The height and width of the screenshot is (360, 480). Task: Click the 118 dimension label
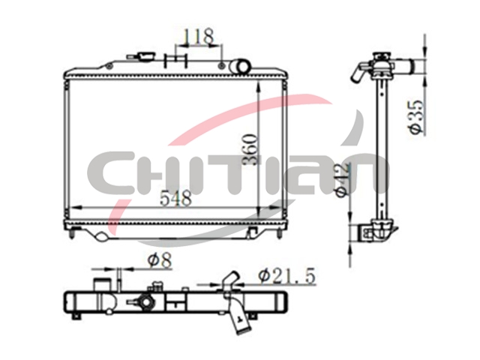point(198,37)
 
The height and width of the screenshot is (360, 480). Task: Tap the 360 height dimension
point(250,149)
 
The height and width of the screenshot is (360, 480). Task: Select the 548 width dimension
point(176,198)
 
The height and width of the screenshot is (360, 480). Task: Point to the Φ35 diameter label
point(418,117)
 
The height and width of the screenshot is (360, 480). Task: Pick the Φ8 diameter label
point(159,261)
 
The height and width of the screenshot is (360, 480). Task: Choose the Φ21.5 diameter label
point(286,276)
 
